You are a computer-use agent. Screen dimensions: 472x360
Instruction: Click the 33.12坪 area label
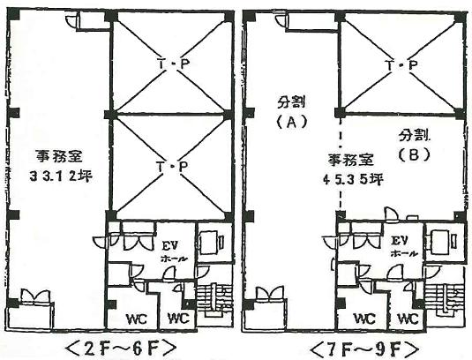61,176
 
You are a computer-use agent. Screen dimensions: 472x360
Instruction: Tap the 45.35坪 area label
353,180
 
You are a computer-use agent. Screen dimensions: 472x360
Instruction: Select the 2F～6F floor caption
120,349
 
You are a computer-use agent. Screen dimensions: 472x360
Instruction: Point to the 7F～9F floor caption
364,349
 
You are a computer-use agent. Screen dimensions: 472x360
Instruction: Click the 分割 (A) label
291,113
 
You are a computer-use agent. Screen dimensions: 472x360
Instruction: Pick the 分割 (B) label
414,146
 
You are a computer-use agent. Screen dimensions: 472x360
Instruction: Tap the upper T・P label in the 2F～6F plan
173,64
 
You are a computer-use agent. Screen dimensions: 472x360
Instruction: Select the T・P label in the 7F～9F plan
402,65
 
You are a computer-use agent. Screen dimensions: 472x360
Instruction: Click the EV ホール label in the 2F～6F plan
174,251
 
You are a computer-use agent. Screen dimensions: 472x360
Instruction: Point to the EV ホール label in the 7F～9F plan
403,247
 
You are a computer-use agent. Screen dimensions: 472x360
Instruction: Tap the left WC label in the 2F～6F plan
137,319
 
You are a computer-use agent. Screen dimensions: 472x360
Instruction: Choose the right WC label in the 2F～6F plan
178,318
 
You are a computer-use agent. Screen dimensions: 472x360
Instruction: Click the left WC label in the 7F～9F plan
365,319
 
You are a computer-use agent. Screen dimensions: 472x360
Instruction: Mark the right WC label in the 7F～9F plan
408,319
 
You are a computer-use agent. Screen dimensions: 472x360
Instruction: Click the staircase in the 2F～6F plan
214,300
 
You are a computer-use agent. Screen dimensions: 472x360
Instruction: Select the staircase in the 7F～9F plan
445,300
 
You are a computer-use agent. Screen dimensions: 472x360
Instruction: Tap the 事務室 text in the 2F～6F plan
59,156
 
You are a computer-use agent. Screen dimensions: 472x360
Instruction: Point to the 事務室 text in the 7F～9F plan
351,160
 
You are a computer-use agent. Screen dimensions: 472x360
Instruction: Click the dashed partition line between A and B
341,164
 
